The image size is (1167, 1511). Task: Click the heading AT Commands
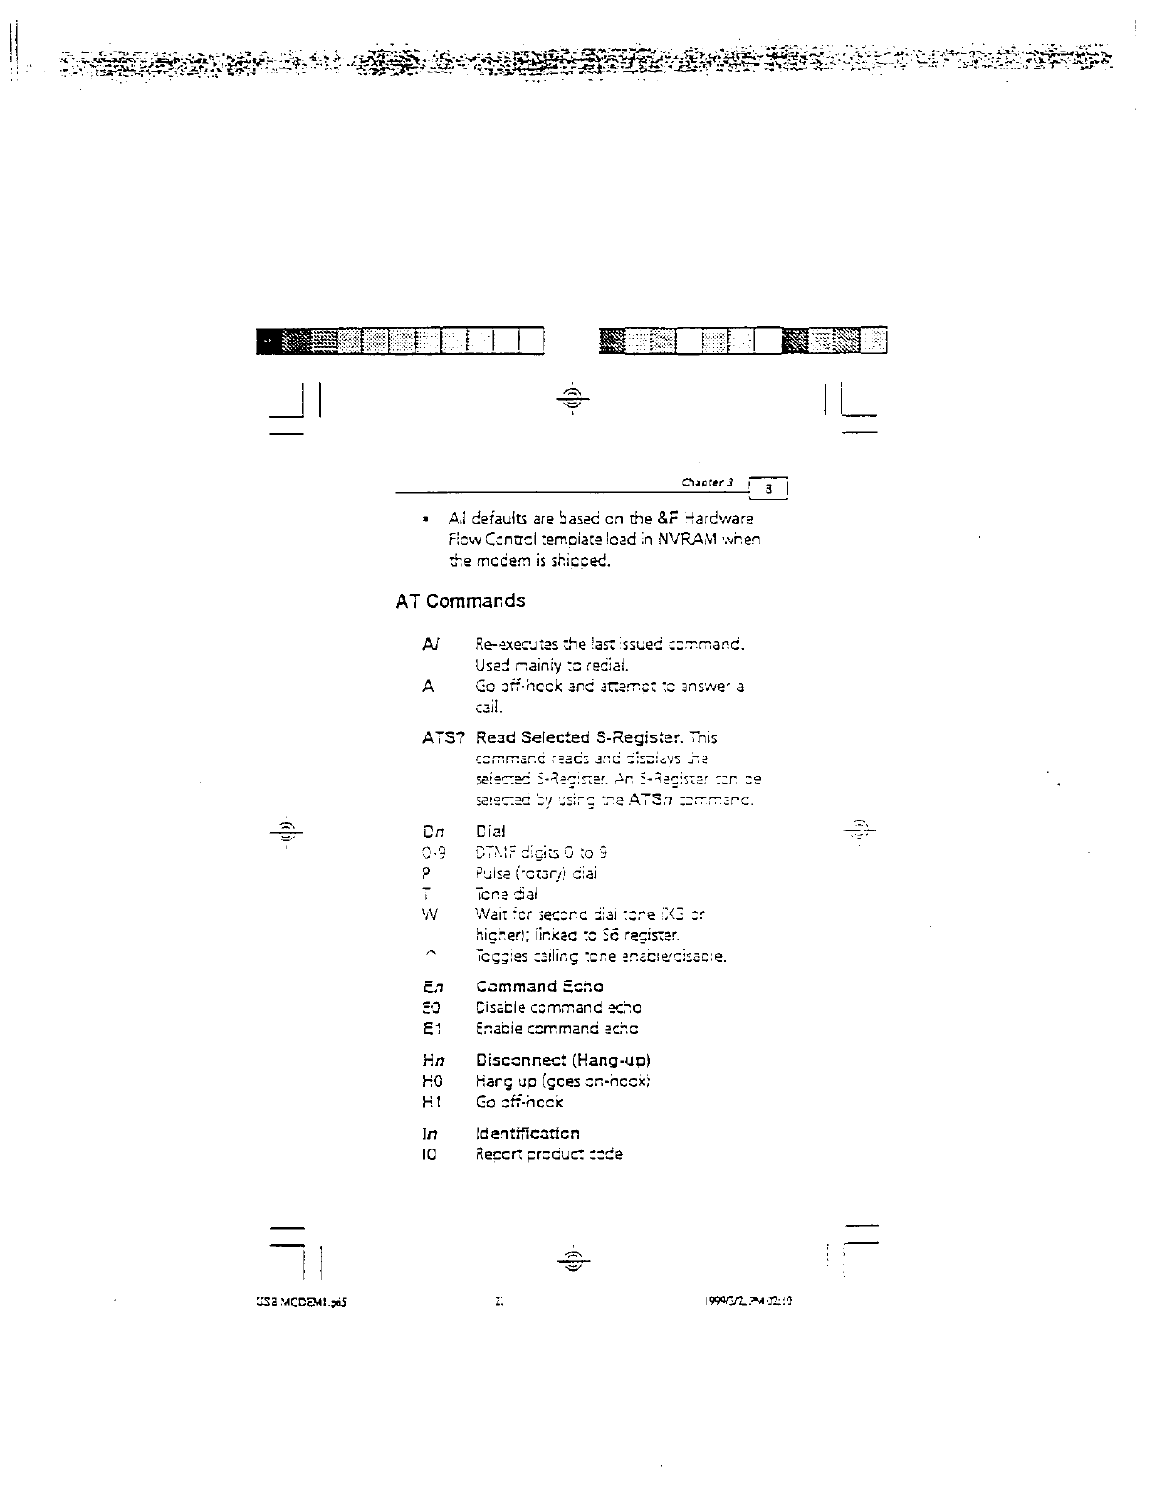(460, 601)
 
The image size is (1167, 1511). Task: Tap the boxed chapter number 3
(774, 490)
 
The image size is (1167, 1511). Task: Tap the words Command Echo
(539, 986)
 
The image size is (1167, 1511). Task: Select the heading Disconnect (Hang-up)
(563, 1060)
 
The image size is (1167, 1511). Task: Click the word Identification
(527, 1133)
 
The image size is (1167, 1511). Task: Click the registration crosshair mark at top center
(571, 398)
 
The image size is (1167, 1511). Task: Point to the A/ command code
(430, 644)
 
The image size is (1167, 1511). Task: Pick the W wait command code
(430, 915)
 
